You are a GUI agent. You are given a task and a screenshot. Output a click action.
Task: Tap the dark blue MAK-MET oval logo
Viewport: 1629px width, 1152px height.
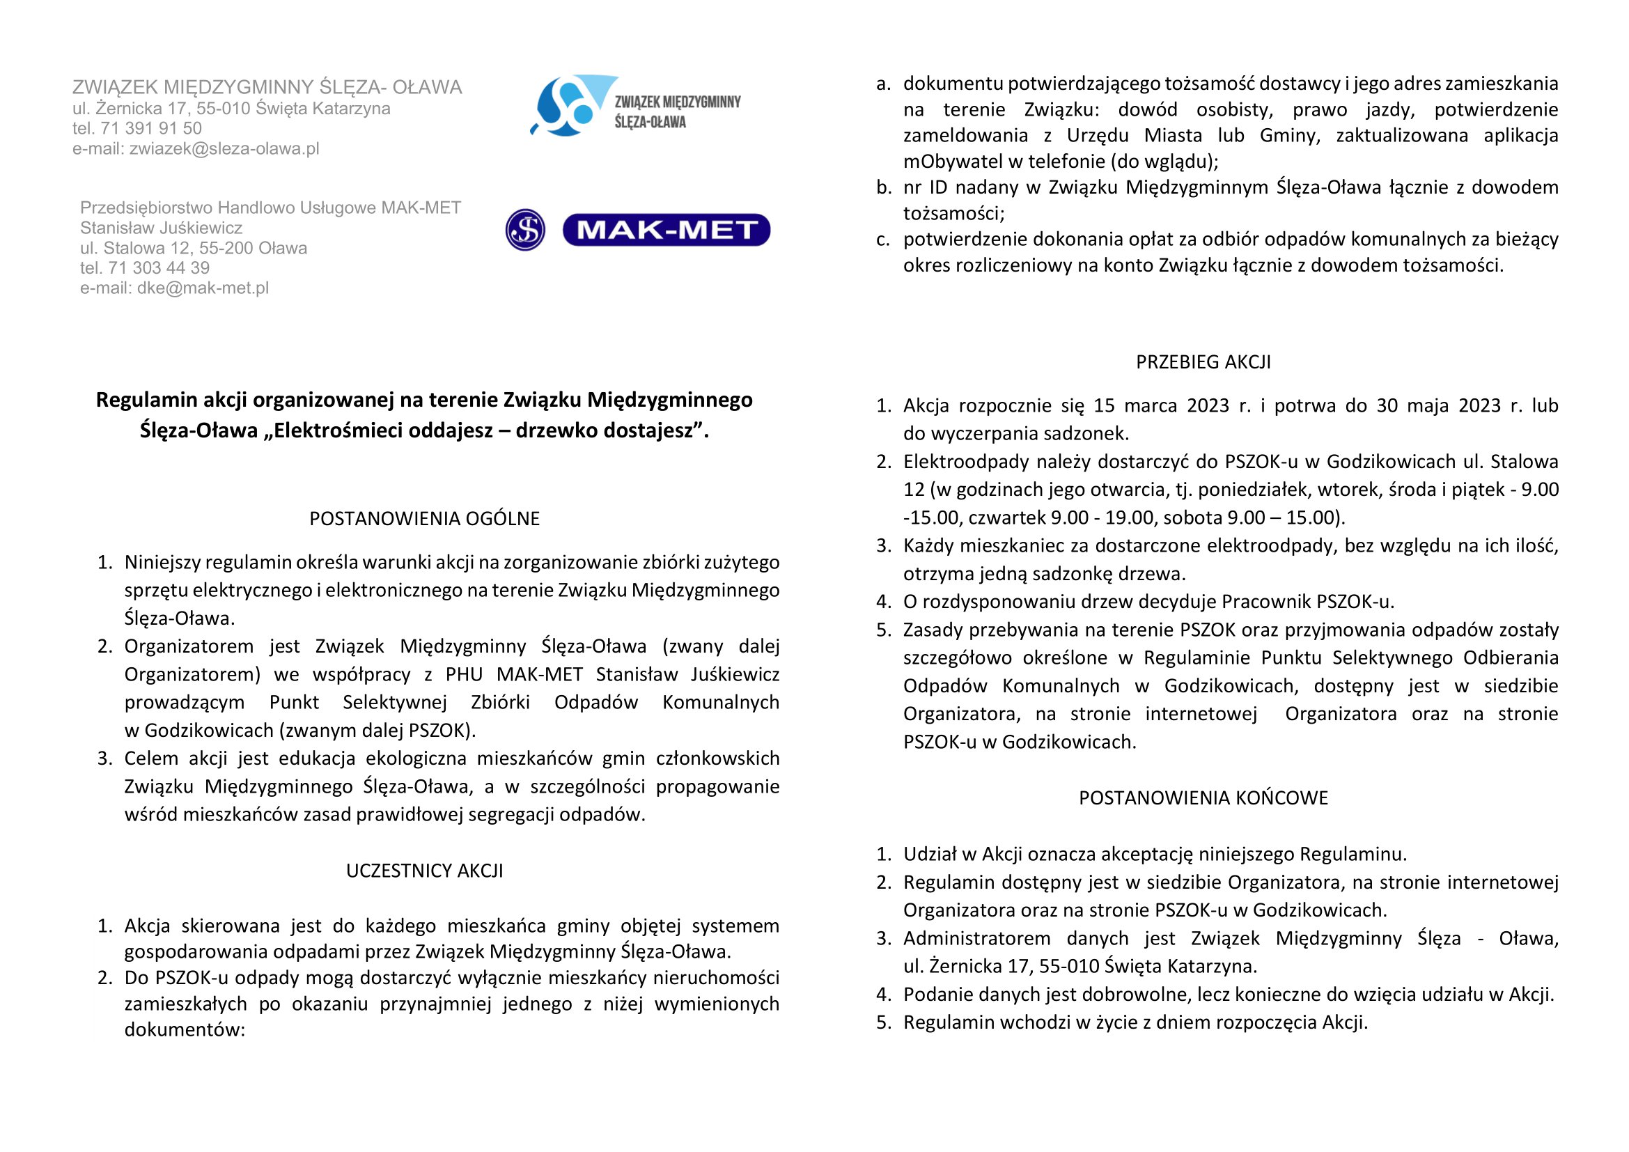click(x=666, y=230)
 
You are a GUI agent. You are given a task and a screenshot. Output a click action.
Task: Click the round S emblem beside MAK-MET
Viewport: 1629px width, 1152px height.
click(x=525, y=230)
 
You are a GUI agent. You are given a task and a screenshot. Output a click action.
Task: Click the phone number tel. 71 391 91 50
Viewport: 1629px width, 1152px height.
click(x=137, y=128)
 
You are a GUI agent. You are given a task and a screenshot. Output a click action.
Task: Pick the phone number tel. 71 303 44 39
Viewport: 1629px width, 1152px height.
click(x=145, y=268)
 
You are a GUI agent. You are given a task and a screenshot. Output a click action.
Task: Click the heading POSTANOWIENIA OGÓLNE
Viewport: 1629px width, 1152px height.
click(x=424, y=519)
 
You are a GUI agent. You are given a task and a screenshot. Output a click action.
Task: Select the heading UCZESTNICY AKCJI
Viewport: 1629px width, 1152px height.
click(x=424, y=871)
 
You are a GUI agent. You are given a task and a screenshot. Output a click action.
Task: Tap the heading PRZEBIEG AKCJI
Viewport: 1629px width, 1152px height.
click(x=1203, y=361)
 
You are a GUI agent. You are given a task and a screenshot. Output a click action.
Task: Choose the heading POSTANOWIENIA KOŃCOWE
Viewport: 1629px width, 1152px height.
click(x=1203, y=797)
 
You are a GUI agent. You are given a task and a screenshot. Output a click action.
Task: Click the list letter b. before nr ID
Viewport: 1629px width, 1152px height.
click(x=883, y=187)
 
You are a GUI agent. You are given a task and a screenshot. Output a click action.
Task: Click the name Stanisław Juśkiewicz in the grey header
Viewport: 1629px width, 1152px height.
click(x=161, y=228)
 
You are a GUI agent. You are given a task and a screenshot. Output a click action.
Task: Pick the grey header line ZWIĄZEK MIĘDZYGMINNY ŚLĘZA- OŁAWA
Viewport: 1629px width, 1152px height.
click(x=267, y=87)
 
